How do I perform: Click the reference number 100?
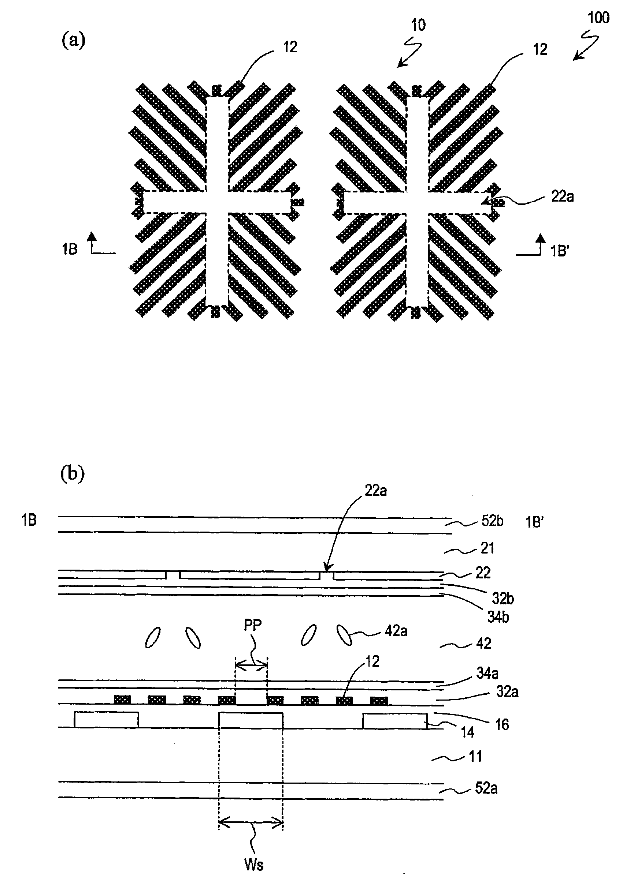point(598,18)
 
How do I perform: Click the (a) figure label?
point(73,41)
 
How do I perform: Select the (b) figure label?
point(73,474)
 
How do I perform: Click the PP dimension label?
point(253,625)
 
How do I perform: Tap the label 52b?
point(492,521)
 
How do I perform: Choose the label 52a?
point(486,788)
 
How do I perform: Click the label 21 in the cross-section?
point(487,548)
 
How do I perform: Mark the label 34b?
point(498,617)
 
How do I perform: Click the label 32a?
point(507,692)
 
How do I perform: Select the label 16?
point(502,725)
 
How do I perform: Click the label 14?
point(468,732)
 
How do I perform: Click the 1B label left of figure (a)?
point(70,250)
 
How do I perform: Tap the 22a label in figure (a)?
point(562,197)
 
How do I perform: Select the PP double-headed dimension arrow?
point(251,664)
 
